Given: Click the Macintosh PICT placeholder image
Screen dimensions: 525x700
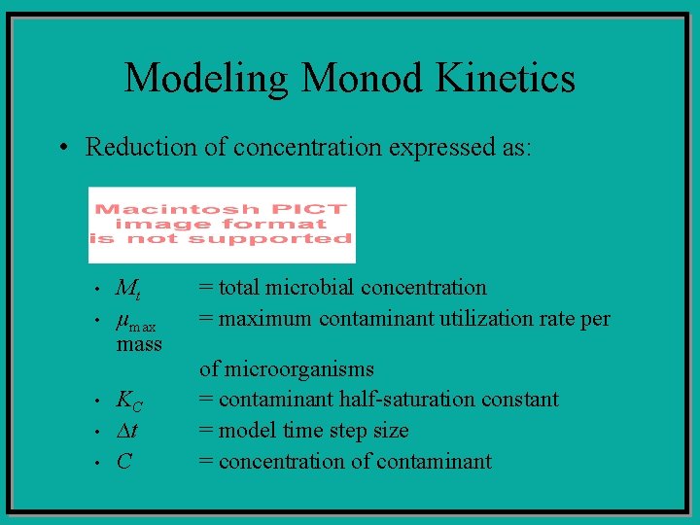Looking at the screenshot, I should coord(222,225).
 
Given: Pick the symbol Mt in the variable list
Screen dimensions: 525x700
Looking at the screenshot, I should coord(127,289).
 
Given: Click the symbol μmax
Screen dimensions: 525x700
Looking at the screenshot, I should coord(136,319).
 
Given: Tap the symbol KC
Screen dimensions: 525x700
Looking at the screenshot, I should coord(129,400).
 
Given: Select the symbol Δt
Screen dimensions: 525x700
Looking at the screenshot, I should coord(127,431).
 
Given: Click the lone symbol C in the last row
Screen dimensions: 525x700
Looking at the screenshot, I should coord(123,462).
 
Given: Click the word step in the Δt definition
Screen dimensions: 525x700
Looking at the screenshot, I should coord(357,431).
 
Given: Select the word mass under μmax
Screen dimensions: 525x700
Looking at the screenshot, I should coord(139,344).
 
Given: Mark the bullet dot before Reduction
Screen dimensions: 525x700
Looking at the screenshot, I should coord(61,149).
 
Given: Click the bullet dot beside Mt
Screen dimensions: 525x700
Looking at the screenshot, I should coord(98,290).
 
